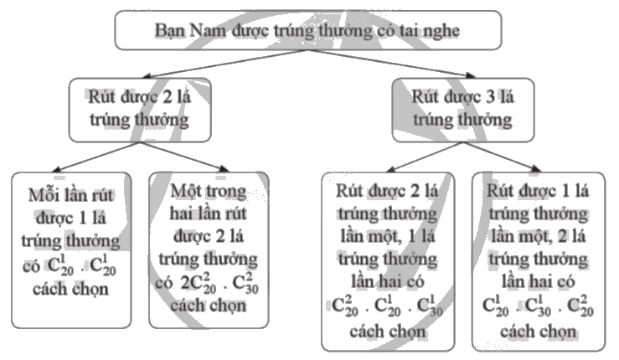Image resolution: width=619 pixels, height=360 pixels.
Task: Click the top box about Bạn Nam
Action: [307, 29]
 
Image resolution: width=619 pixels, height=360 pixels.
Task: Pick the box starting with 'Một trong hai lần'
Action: [209, 249]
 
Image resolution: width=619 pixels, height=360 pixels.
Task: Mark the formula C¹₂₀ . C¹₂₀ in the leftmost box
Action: [75, 269]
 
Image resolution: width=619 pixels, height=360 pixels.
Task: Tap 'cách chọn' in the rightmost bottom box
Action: [539, 332]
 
